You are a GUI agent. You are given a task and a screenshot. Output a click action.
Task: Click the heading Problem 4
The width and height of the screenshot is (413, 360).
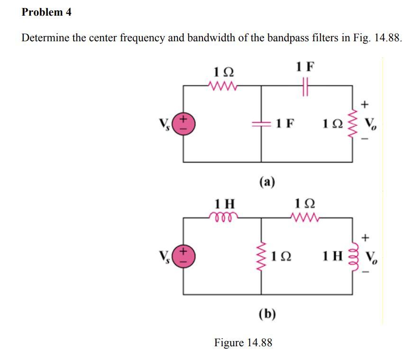pyautogui.click(x=46, y=13)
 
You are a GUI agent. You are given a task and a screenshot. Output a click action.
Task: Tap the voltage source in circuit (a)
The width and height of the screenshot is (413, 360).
pyautogui.click(x=183, y=123)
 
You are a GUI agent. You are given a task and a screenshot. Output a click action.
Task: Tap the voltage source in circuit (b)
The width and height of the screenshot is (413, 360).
pyautogui.click(x=183, y=256)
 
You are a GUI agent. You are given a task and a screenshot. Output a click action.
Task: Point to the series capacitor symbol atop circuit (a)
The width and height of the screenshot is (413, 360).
pyautogui.click(x=305, y=86)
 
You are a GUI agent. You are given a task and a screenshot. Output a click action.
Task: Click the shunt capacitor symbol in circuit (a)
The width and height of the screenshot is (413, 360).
pyautogui.click(x=261, y=123)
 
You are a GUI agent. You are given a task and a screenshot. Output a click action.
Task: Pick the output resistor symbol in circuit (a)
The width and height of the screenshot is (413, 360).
pyautogui.click(x=352, y=123)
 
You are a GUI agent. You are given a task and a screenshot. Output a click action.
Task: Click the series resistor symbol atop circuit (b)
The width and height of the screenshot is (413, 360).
pyautogui.click(x=305, y=218)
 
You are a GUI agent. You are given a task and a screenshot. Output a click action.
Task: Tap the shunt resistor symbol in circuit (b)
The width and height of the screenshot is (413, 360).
pyautogui.click(x=261, y=256)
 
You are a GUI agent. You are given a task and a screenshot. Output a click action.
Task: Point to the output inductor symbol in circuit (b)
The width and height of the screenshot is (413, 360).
pyautogui.click(x=352, y=256)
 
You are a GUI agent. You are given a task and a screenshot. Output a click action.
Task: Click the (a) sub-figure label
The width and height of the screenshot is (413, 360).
pyautogui.click(x=267, y=181)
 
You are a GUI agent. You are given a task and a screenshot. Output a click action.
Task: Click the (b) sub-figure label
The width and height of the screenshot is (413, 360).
pyautogui.click(x=268, y=314)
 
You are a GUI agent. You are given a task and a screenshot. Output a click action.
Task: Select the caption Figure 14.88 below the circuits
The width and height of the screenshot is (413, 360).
pyautogui.click(x=243, y=342)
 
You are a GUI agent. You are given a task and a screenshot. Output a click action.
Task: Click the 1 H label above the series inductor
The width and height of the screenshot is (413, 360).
pyautogui.click(x=224, y=204)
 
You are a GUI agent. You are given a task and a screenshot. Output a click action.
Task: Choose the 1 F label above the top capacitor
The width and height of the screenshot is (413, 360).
pyautogui.click(x=305, y=66)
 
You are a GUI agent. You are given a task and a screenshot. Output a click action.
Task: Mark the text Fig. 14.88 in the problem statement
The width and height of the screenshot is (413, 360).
pyautogui.click(x=377, y=38)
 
